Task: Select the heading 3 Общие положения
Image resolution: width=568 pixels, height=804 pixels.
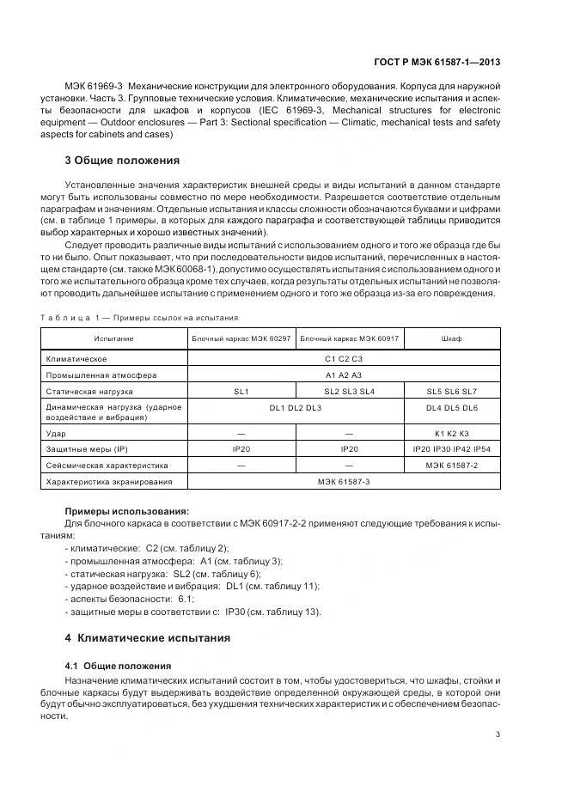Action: click(x=122, y=160)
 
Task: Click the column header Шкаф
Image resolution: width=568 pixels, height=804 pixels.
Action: click(x=452, y=338)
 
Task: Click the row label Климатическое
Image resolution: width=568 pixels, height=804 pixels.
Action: click(x=77, y=358)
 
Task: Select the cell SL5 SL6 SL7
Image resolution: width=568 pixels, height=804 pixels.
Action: click(x=452, y=391)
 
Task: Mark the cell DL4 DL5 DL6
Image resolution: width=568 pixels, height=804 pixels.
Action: click(x=452, y=407)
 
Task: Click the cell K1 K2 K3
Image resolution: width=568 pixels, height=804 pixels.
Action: click(x=452, y=434)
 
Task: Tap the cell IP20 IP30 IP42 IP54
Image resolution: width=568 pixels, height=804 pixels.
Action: click(x=452, y=449)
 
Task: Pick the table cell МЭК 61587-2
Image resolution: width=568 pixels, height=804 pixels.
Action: click(x=452, y=466)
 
